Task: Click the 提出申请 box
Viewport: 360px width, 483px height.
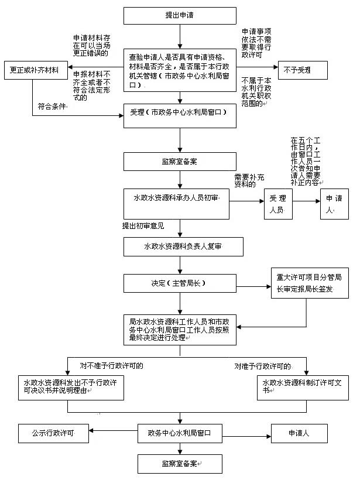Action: tap(180, 15)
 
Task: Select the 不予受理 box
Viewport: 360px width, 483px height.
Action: tap(297, 70)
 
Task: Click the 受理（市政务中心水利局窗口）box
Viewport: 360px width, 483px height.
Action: tap(180, 115)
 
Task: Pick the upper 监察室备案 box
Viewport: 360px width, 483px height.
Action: tap(180, 162)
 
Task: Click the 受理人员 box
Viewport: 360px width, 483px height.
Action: tap(277, 204)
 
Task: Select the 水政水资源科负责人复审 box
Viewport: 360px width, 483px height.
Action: tap(180, 247)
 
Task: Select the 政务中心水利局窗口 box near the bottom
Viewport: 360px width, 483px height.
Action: tap(180, 434)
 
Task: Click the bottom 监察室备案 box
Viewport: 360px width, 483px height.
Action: tap(180, 464)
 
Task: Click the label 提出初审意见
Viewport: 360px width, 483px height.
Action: tap(143, 225)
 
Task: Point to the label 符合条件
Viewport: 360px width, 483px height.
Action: tap(50, 107)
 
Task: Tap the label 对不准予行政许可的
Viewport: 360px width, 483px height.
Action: tap(111, 366)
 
